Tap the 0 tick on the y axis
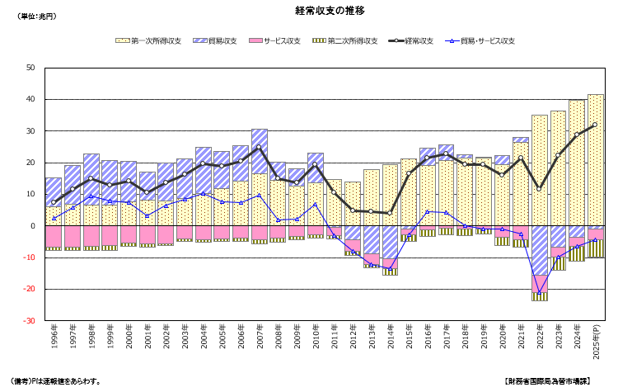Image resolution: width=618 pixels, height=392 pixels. pyautogui.click(x=33, y=226)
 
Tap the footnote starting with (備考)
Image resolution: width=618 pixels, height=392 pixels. pyautogui.click(x=54, y=381)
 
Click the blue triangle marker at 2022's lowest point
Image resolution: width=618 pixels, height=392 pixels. pyautogui.click(x=540, y=292)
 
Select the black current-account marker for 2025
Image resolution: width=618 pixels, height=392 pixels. pyautogui.click(x=595, y=125)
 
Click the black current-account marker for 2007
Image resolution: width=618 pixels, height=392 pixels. pyautogui.click(x=259, y=148)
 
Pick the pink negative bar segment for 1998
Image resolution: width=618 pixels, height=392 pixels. pyautogui.click(x=91, y=235)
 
